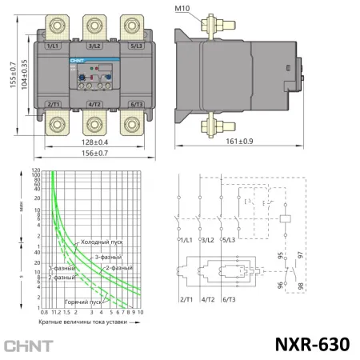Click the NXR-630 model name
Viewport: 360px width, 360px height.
[313, 345]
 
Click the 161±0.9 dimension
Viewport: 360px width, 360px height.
[214, 141]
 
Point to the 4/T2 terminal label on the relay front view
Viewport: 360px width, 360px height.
[94, 104]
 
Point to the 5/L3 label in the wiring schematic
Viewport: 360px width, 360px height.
[228, 240]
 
